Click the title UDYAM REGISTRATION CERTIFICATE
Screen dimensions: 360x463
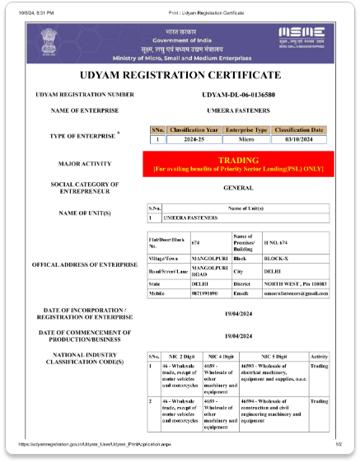180,75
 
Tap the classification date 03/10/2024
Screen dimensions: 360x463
300,139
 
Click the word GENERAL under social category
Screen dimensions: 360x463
237,189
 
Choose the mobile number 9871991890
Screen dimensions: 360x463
204,293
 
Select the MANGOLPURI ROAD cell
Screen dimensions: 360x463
208,270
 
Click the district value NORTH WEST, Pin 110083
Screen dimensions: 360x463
295,282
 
